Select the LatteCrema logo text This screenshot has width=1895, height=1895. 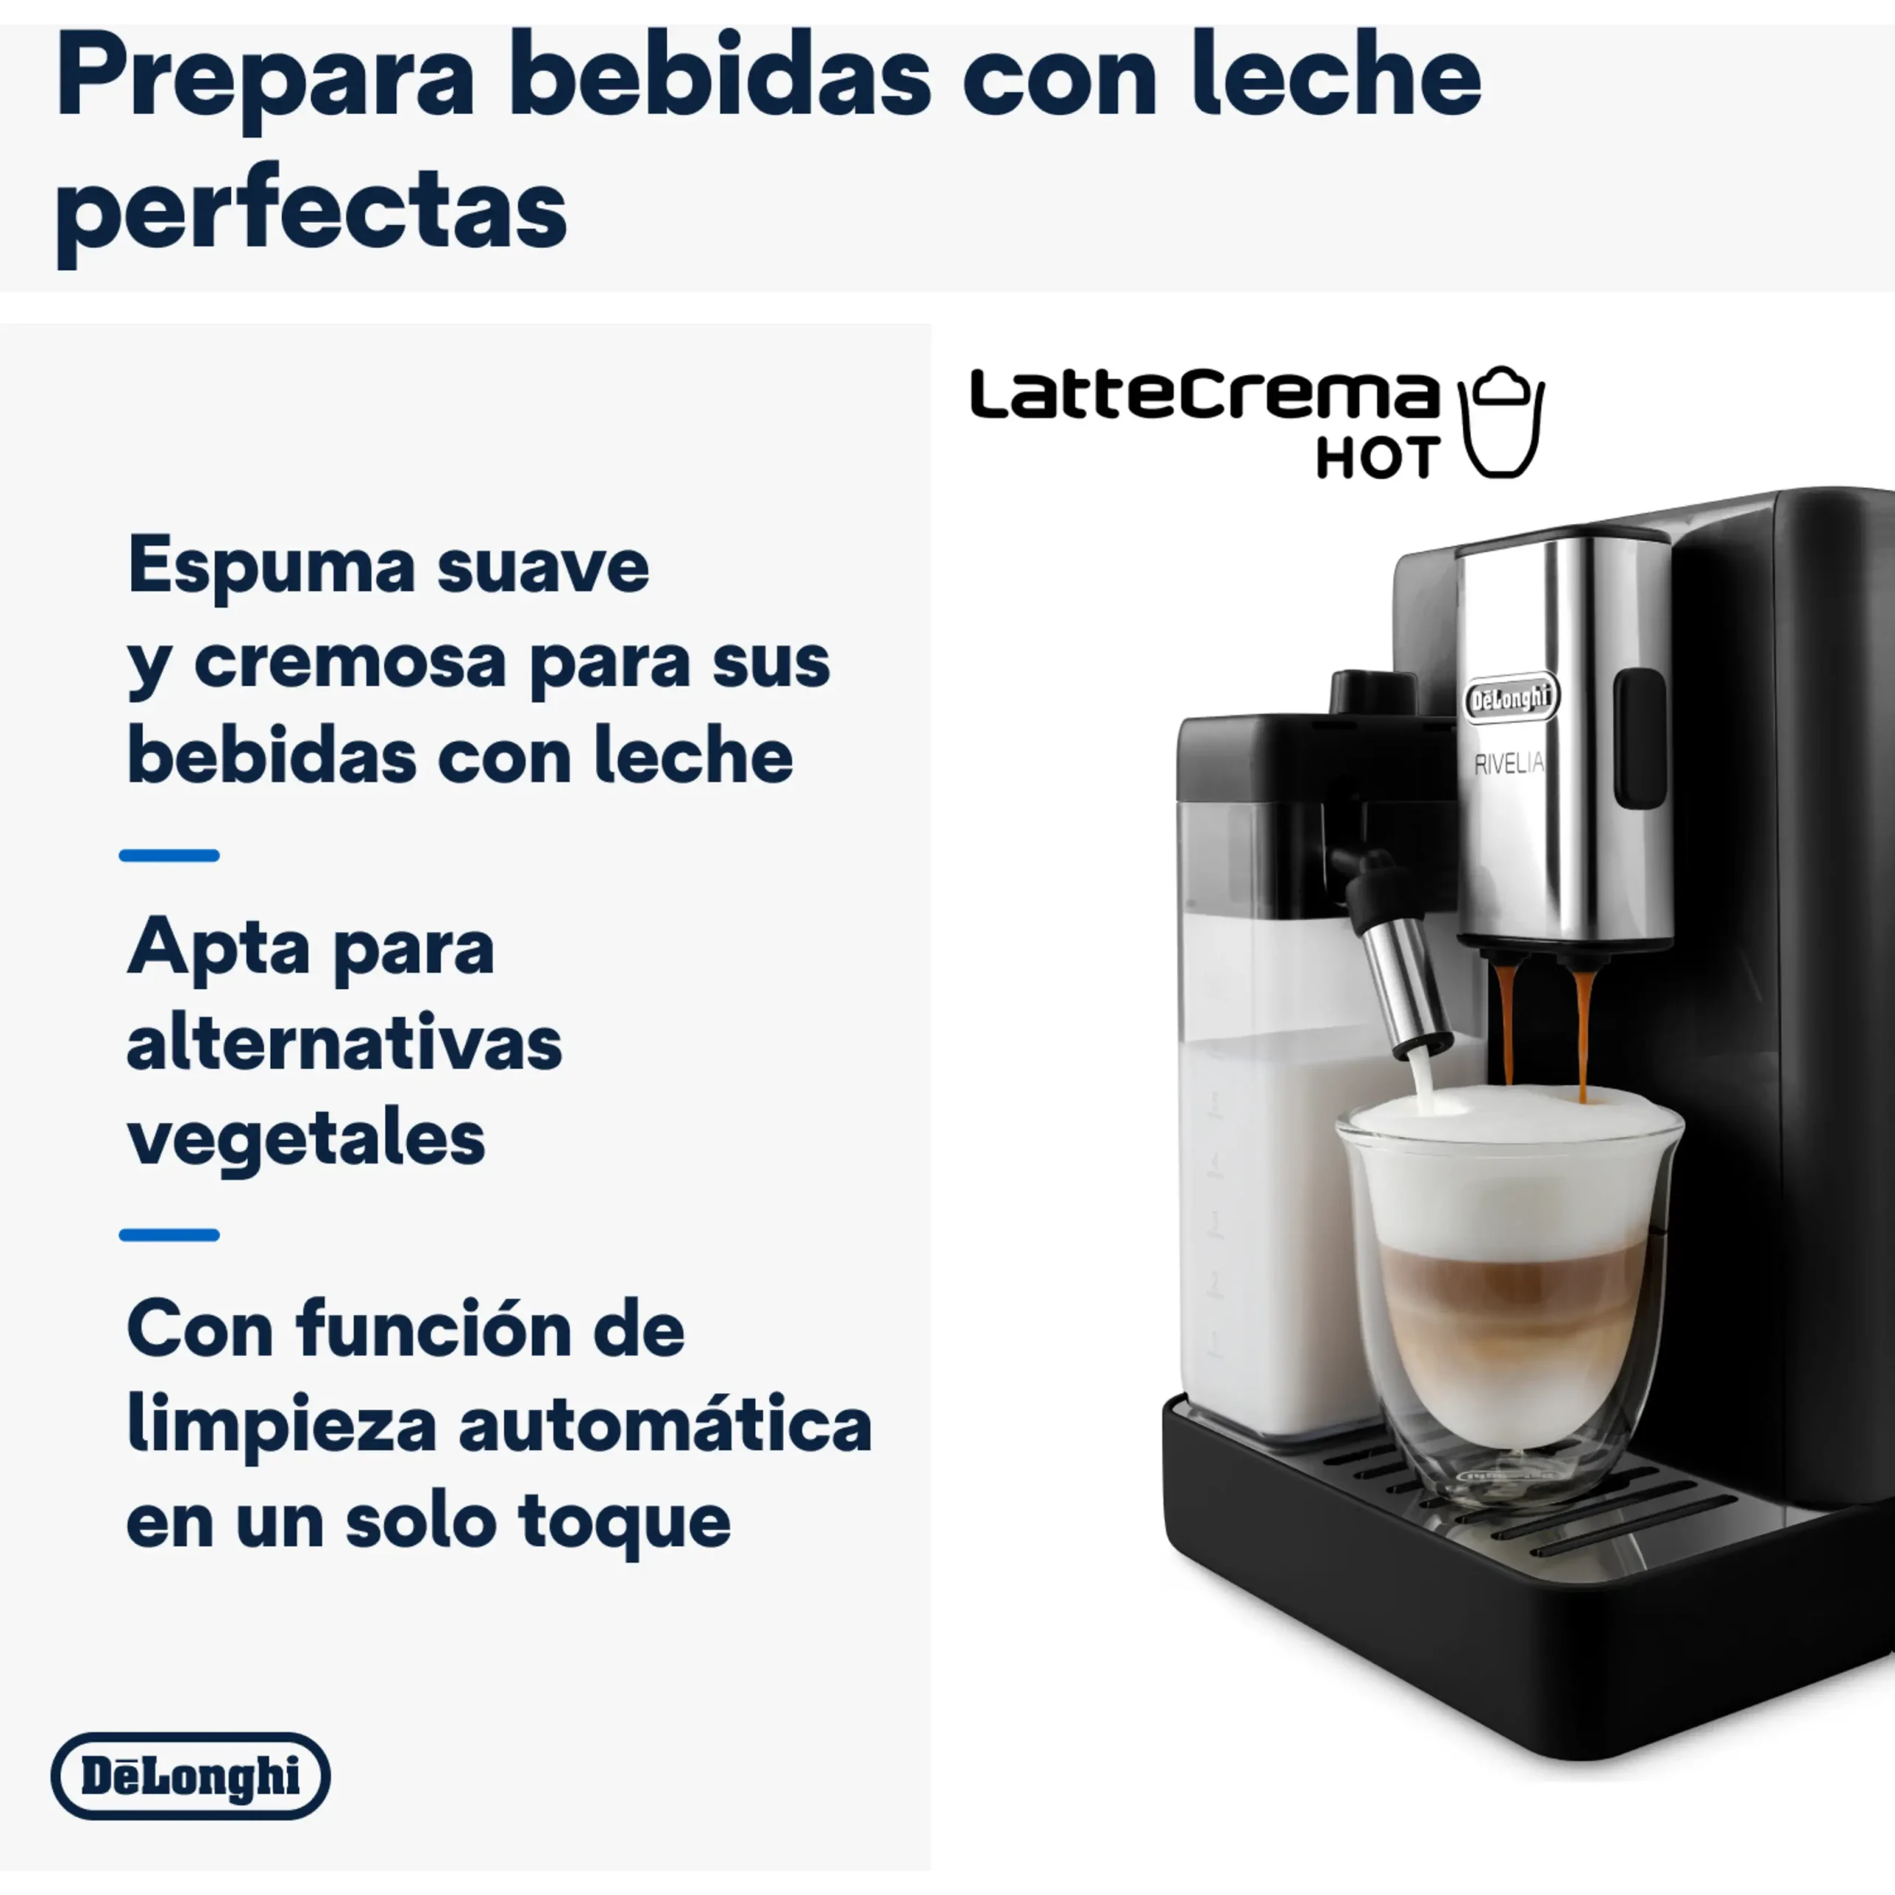click(1204, 395)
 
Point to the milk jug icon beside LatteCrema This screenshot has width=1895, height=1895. click(1500, 422)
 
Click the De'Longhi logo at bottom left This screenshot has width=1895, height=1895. click(190, 1777)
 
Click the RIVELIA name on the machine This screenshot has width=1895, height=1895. click(1509, 763)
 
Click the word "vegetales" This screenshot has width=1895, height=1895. click(306, 1141)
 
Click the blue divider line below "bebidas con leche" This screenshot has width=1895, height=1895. click(169, 855)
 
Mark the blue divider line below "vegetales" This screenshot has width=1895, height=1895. click(169, 1235)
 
